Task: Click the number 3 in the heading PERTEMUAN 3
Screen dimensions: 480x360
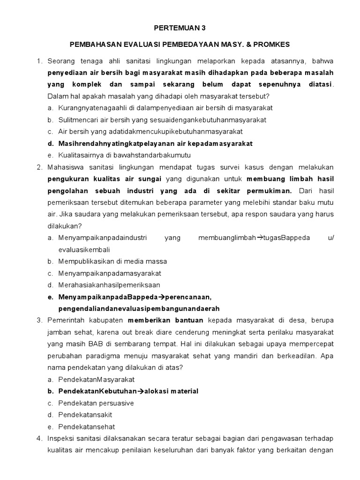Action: pyautogui.click(x=204, y=28)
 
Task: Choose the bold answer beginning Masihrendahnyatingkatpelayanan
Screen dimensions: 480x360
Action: pyautogui.click(x=155, y=143)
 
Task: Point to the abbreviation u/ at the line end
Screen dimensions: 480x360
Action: pyautogui.click(x=330, y=238)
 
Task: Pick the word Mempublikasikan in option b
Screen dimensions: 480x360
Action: pyautogui.click(x=88, y=261)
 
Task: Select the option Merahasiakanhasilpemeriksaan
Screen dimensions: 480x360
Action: pyautogui.click(x=109, y=285)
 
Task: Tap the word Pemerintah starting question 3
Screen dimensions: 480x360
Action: pyautogui.click(x=65, y=321)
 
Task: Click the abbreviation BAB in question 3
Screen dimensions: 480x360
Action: pyautogui.click(x=103, y=344)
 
